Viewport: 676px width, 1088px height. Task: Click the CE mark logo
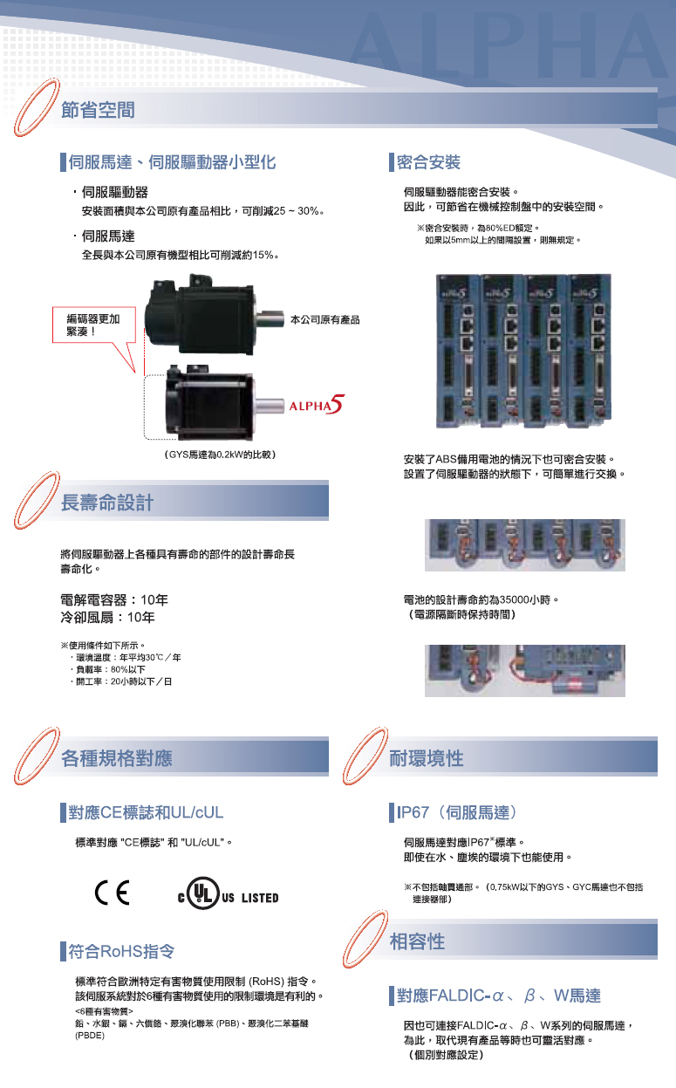(x=113, y=893)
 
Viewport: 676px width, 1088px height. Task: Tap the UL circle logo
(x=203, y=893)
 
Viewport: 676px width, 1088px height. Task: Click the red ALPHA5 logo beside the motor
(x=317, y=404)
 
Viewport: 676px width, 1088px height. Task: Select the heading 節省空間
(x=98, y=110)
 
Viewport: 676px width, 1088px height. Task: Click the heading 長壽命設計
(x=106, y=503)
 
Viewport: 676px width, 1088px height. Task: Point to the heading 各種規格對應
(x=117, y=758)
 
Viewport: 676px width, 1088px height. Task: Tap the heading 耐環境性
(x=426, y=758)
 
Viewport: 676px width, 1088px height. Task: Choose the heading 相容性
(x=417, y=941)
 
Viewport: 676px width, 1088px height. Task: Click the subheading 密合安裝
(x=428, y=162)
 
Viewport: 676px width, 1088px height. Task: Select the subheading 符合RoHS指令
(x=121, y=951)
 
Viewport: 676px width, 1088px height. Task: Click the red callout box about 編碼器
(x=93, y=325)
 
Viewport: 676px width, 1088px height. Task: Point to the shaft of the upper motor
(x=270, y=319)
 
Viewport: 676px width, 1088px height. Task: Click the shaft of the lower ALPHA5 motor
(x=269, y=406)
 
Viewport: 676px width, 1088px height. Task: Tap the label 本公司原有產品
(x=324, y=319)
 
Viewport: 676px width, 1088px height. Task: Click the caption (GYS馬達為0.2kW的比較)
(x=220, y=455)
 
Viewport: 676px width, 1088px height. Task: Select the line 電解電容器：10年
(x=114, y=600)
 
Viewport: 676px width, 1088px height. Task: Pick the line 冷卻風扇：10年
(x=107, y=618)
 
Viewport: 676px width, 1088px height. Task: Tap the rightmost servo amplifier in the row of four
(x=591, y=351)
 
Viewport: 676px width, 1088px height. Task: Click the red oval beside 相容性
(x=365, y=939)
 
